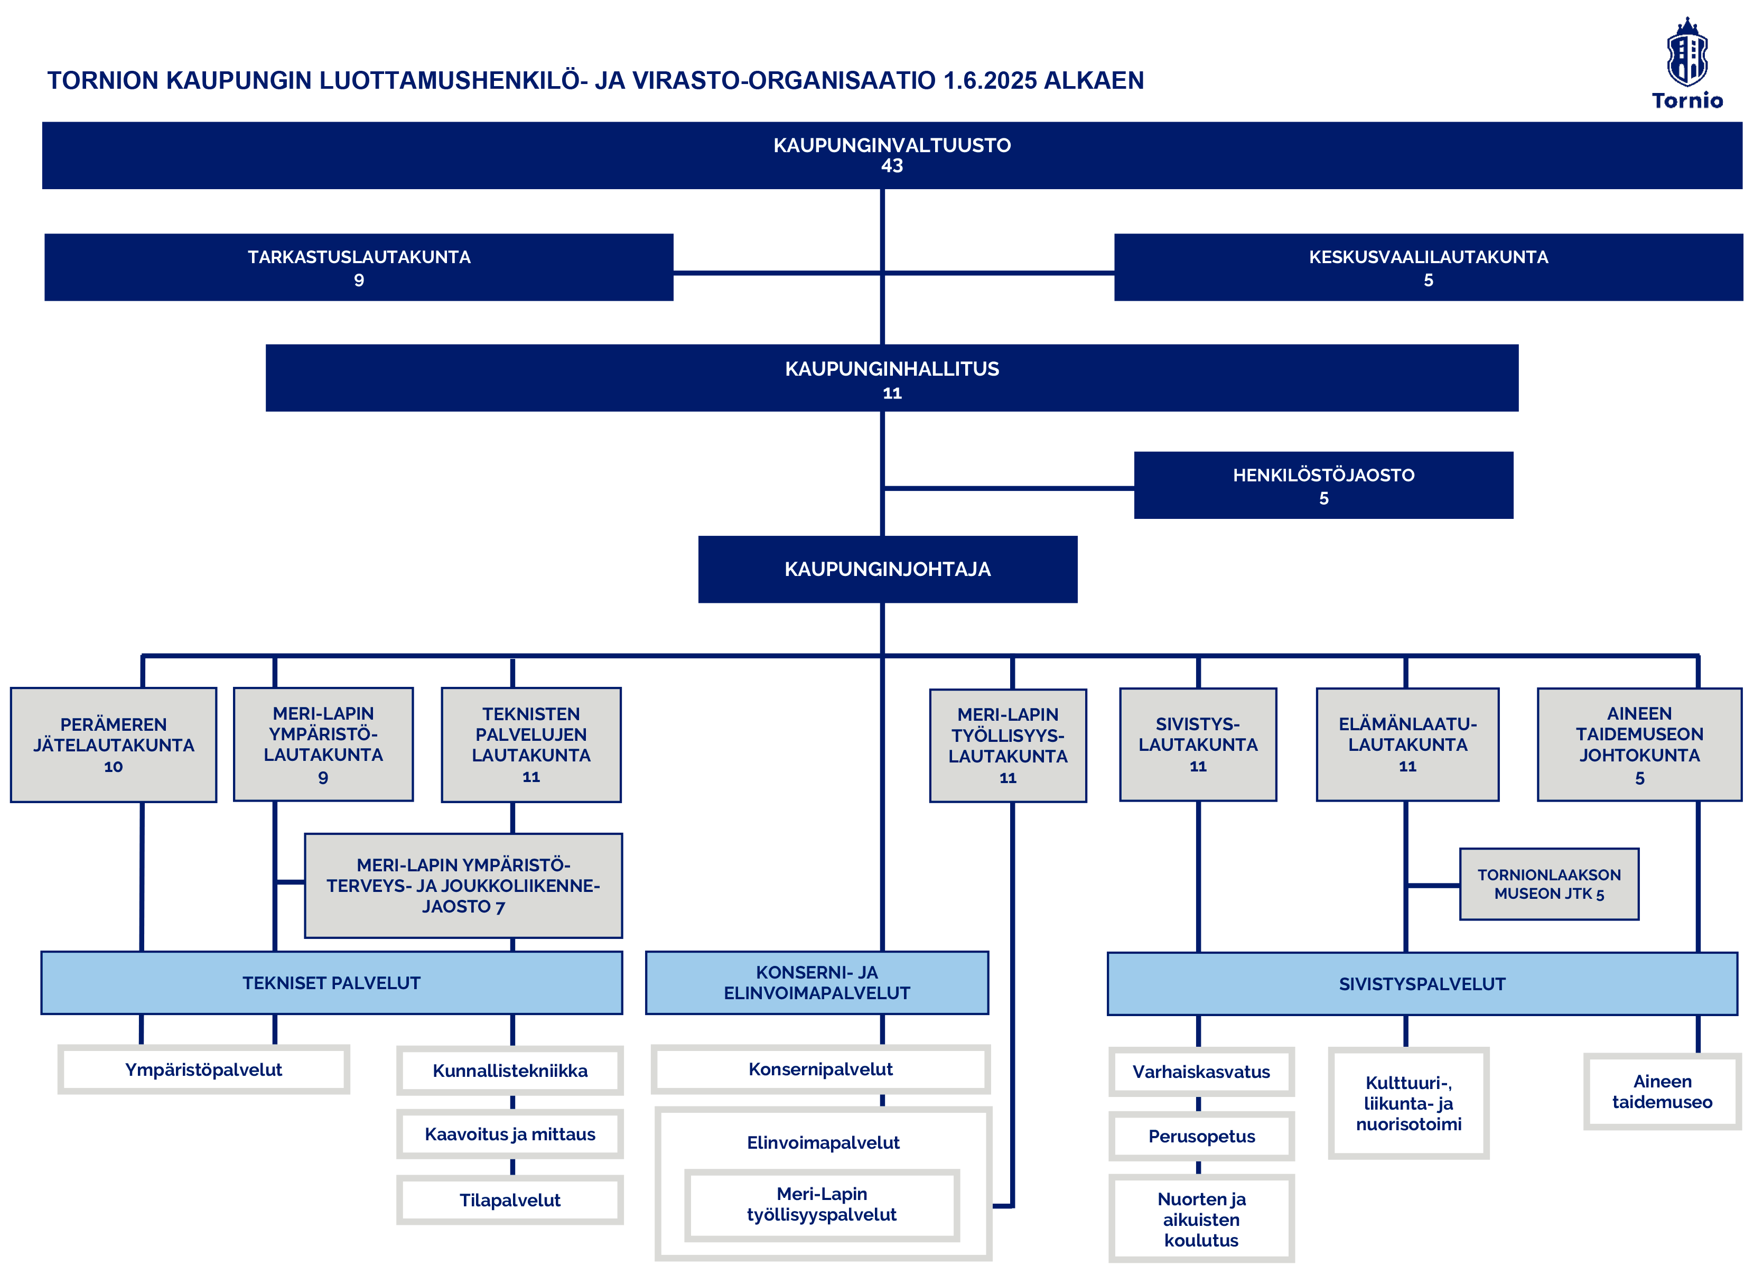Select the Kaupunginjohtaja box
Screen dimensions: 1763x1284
888,569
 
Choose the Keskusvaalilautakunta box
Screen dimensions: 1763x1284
1429,267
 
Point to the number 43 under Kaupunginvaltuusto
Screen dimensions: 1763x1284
892,165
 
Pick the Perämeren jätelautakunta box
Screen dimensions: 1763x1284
114,745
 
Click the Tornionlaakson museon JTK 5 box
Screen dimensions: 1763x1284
1549,885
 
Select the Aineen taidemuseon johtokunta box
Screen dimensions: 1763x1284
1639,745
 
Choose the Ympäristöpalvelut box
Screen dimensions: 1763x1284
203,1069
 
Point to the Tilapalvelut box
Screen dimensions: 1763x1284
510,1200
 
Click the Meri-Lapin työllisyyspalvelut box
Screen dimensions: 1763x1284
822,1205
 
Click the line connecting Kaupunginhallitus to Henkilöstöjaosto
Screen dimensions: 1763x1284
1009,488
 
